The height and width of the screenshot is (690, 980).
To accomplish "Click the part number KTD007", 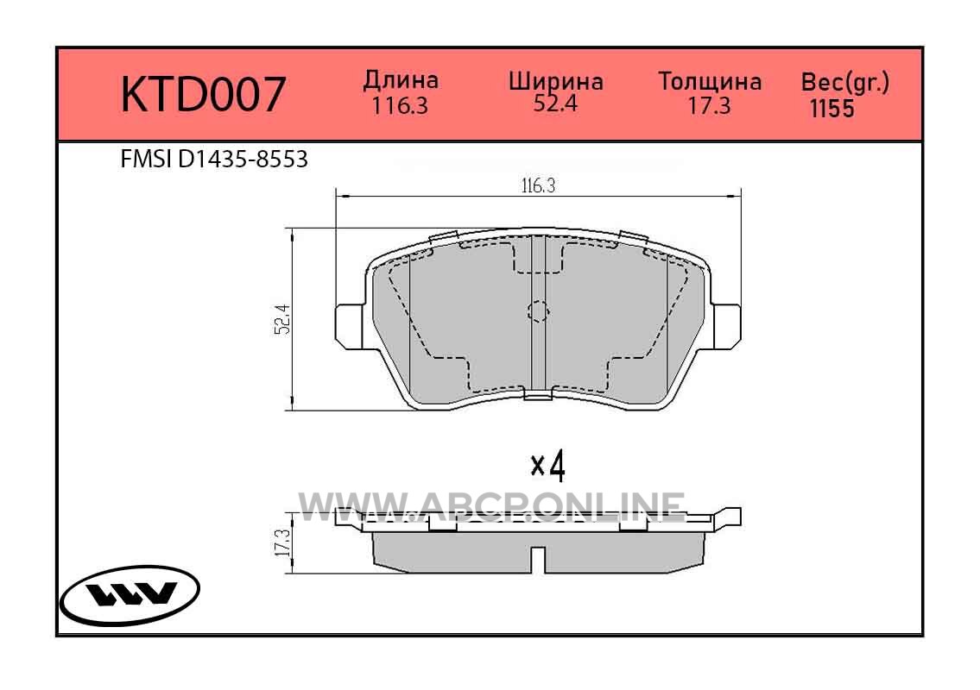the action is (203, 95).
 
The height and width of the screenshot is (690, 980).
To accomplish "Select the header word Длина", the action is (401, 80).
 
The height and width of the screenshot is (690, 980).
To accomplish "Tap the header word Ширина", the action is (556, 81).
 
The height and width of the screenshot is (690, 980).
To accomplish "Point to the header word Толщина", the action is (710, 82).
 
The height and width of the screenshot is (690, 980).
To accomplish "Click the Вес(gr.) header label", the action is (845, 83).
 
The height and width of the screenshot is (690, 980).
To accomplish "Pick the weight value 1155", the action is (831, 109).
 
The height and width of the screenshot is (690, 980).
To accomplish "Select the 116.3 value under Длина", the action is (400, 106).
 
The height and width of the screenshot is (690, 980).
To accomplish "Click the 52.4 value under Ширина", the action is (556, 103).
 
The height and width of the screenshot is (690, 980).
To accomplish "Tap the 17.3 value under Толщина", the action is (710, 106).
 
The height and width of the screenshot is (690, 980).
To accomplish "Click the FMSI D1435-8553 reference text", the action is (214, 160).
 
